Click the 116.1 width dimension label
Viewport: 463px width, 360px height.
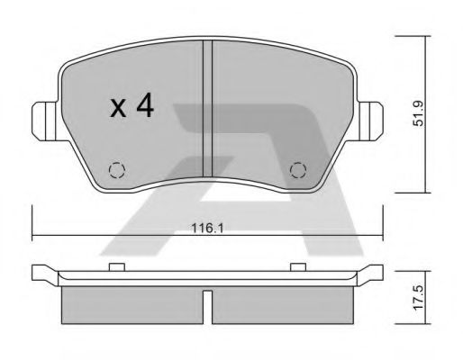click(207, 229)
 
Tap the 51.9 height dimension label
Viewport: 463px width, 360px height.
click(418, 113)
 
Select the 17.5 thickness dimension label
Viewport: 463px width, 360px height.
click(418, 298)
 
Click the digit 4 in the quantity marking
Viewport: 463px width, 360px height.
click(145, 105)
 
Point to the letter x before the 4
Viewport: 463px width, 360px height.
click(119, 108)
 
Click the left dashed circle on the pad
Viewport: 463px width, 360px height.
click(117, 170)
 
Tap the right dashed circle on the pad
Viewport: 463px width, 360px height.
click(298, 170)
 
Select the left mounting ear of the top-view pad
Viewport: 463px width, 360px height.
click(44, 121)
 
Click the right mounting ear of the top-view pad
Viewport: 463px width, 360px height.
click(371, 121)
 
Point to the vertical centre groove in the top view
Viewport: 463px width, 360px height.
click(207, 109)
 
